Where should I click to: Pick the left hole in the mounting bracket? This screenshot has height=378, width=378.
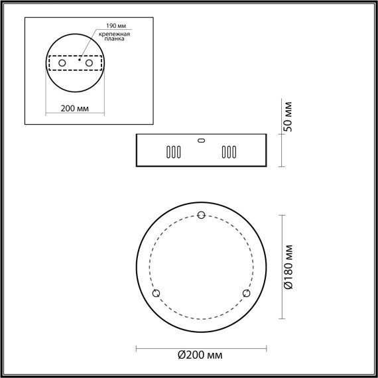point(62,62)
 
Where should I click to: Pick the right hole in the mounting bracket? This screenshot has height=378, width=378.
point(88,62)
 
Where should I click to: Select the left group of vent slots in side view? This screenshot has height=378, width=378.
point(173,153)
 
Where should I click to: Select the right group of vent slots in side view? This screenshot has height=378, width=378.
point(229,153)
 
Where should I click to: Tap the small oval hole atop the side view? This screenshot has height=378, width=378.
point(202,140)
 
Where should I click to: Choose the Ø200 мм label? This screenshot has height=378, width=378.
point(201,357)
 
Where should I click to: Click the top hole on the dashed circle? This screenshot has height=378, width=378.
point(202,214)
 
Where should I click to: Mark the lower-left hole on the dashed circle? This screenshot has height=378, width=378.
point(157,293)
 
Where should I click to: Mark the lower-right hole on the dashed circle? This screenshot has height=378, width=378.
point(246,293)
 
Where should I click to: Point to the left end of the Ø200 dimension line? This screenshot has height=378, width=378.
point(136,347)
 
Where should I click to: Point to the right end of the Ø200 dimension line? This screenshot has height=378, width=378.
point(267,347)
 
